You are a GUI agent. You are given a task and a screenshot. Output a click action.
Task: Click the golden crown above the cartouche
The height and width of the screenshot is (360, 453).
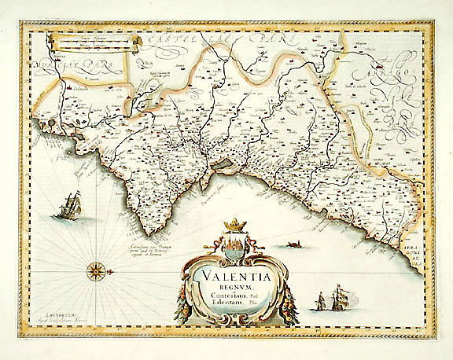coord(235,226)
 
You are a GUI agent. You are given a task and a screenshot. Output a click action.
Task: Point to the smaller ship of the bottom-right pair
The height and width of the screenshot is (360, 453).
coord(321,302)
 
